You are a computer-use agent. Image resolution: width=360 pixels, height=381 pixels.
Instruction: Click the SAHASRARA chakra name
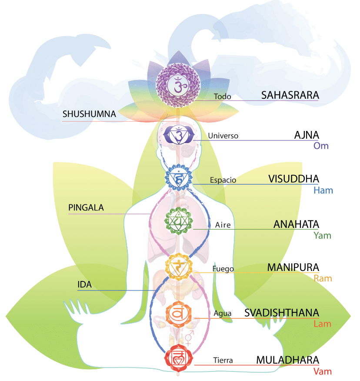point(290,95)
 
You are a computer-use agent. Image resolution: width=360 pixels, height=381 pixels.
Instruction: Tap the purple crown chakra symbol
point(178,85)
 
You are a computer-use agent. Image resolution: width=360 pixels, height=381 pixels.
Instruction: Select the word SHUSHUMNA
point(89,114)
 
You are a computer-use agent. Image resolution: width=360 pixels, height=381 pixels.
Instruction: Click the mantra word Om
point(321,146)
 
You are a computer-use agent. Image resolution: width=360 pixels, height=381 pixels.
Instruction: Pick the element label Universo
point(223,136)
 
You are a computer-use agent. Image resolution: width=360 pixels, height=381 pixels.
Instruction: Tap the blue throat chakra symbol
point(178,178)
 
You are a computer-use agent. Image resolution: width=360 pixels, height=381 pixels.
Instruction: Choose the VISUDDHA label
point(293,179)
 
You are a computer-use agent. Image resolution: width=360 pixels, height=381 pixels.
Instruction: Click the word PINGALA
point(86,208)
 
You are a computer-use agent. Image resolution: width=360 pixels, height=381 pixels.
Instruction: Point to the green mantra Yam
point(322,236)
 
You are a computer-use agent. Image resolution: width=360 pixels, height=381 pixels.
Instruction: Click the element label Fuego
point(223,269)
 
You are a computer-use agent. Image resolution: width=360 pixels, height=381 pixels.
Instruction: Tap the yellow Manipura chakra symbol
point(178,266)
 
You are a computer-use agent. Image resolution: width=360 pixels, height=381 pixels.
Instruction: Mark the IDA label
point(85,285)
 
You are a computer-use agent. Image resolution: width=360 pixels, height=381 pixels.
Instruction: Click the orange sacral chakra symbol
point(178,312)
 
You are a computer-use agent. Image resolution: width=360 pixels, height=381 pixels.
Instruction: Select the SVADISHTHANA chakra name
point(282,313)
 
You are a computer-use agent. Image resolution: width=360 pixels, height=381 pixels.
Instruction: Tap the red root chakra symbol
point(178,358)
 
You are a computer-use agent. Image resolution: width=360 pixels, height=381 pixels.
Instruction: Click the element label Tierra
point(223,361)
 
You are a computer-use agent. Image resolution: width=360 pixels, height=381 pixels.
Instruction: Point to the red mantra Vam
point(322,371)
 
